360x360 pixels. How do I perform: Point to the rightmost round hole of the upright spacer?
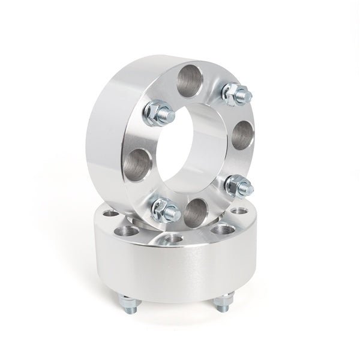point(241,137)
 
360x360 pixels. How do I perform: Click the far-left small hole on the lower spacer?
point(111,214)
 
